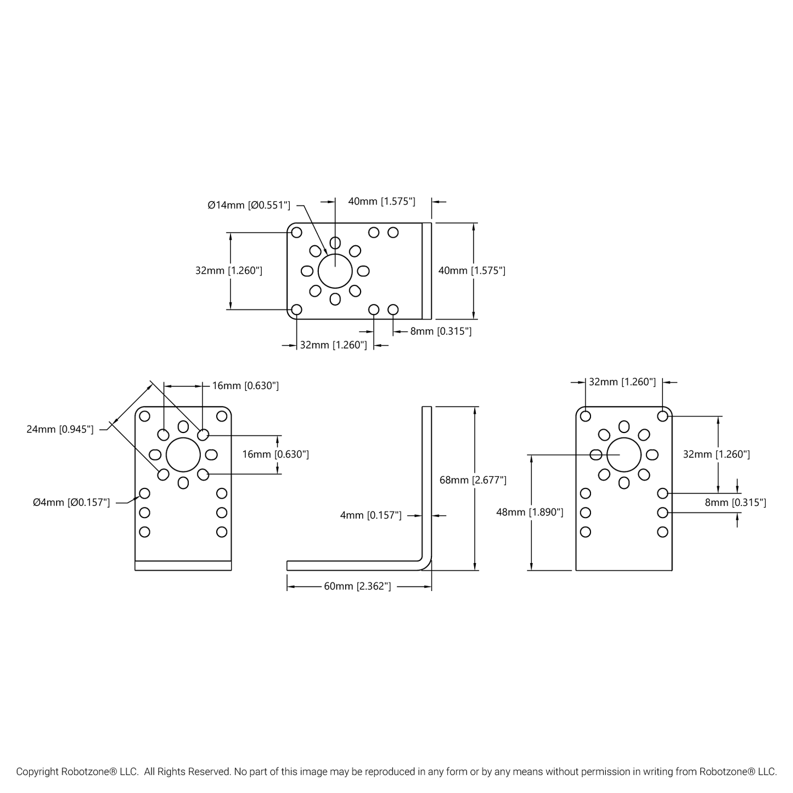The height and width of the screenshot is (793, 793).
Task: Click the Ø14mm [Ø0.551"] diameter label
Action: [249, 205]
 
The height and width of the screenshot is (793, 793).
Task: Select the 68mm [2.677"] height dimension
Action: [473, 480]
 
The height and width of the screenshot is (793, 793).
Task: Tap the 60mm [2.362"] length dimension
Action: [357, 587]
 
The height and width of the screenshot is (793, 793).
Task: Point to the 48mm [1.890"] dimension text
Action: [530, 512]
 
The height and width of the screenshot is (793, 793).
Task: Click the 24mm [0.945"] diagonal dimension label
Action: [60, 429]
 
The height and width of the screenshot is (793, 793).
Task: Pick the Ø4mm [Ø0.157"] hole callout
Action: [71, 502]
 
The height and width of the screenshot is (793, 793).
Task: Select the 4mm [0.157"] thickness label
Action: [370, 515]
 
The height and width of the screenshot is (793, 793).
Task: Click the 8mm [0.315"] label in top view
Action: [441, 331]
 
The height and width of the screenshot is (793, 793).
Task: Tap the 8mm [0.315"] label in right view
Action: [735, 502]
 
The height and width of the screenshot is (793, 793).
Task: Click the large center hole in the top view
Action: [335, 271]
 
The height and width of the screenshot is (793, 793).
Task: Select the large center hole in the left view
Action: [183, 454]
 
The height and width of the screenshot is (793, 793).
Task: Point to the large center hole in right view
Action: [624, 454]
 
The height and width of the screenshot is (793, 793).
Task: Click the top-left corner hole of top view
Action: [296, 233]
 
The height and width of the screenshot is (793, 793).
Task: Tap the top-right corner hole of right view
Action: [662, 416]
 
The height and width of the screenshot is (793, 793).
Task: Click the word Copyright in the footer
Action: [37, 772]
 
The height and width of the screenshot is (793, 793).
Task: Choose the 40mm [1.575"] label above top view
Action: [381, 201]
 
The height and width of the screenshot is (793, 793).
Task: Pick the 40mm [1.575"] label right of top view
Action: [471, 271]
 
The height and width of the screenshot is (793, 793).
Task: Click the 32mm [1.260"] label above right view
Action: [622, 382]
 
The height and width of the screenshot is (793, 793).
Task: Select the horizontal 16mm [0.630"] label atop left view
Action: [245, 386]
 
